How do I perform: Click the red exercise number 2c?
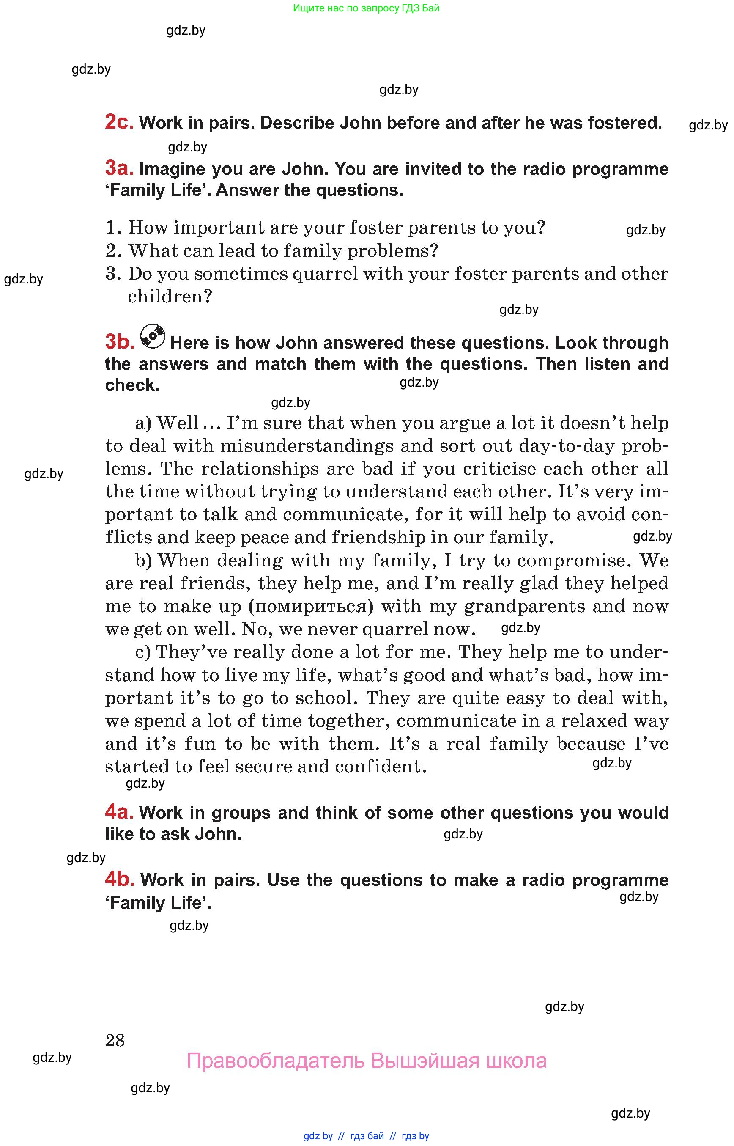[x=119, y=122]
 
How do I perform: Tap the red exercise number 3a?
[x=119, y=168]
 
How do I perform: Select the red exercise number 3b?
[x=120, y=342]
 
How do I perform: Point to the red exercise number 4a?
[x=119, y=812]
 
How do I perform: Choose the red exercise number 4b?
[x=120, y=879]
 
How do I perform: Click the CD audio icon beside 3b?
[x=153, y=336]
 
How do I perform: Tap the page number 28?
[x=115, y=1040]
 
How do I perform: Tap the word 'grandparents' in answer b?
[x=524, y=606]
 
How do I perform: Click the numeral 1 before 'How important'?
[x=111, y=228]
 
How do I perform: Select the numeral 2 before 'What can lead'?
[x=111, y=251]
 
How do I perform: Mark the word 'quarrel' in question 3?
[x=325, y=274]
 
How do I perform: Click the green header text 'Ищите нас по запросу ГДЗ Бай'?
[x=366, y=8]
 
